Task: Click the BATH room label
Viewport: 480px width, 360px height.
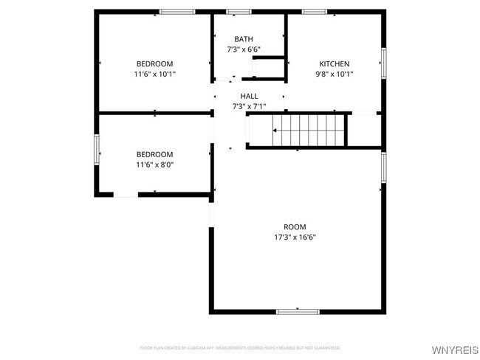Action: point(243,39)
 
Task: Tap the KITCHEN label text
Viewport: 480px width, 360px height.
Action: point(334,64)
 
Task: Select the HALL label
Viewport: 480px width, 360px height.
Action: point(249,96)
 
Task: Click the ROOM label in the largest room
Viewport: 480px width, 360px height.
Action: point(295,226)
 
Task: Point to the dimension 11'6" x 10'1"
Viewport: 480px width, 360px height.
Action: point(154,75)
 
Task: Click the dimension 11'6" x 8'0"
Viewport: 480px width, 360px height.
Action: point(154,165)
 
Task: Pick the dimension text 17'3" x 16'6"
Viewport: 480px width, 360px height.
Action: point(295,237)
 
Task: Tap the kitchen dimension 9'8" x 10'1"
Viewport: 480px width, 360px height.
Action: point(334,75)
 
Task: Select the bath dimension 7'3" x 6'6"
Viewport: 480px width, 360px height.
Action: point(243,49)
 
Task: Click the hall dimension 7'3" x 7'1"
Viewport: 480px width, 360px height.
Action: point(249,106)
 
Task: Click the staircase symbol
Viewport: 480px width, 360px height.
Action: point(309,130)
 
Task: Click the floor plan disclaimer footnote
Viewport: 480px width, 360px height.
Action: point(240,347)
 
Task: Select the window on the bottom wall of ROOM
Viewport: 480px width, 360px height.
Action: point(298,312)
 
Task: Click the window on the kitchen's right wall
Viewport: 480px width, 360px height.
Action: point(383,63)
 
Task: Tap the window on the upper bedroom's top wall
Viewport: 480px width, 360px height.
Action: point(177,11)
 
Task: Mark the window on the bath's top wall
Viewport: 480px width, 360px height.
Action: point(238,11)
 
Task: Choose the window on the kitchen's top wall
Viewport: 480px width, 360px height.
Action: point(315,11)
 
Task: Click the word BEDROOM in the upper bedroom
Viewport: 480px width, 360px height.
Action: point(154,64)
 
